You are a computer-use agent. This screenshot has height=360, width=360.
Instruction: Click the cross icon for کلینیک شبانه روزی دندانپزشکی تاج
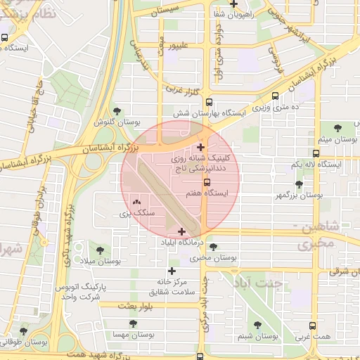pyautogui.click(x=202, y=147)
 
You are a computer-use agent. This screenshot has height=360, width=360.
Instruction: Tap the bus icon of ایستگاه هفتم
pyautogui.click(x=206, y=182)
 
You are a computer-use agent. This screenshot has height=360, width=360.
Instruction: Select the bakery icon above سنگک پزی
pyautogui.click(x=135, y=202)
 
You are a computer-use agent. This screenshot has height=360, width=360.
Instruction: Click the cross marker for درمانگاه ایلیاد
pyautogui.click(x=182, y=231)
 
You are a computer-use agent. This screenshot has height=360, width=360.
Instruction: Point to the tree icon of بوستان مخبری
pyautogui.click(x=213, y=247)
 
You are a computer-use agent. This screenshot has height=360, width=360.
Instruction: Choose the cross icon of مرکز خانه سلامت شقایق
pyautogui.click(x=172, y=270)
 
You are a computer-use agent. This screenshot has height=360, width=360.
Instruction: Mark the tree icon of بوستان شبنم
pyautogui.click(x=257, y=325)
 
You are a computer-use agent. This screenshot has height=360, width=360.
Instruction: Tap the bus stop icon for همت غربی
pyautogui.click(x=312, y=326)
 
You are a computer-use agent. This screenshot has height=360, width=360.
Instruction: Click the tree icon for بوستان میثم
pyautogui.click(x=337, y=127)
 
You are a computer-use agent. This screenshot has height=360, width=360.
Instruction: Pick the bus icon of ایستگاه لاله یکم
pyautogui.click(x=316, y=153)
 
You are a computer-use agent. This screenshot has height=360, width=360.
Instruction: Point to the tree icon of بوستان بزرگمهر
pyautogui.click(x=299, y=184)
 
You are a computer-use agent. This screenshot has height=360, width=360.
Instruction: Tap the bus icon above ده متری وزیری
pyautogui.click(x=275, y=96)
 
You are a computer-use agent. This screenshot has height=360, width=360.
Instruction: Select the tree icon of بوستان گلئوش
pyautogui.click(x=117, y=111)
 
